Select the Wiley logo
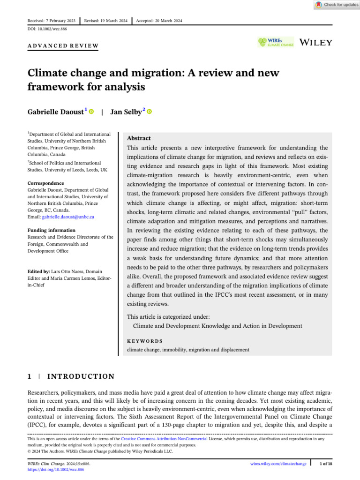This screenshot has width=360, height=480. coord(315,42)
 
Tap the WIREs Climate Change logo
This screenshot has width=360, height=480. coord(276,42)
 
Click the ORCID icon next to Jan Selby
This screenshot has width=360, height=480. coord(150,112)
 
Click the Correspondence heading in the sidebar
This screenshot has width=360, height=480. coord(45,183)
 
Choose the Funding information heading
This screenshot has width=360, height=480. coord(51,230)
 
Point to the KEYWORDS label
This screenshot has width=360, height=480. coord(145,341)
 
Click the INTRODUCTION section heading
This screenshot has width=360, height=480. coord(82,376)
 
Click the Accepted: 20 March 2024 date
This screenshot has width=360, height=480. coord(159,21)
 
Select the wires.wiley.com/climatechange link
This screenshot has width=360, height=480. coord(278,464)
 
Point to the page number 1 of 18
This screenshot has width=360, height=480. coord(326,464)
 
